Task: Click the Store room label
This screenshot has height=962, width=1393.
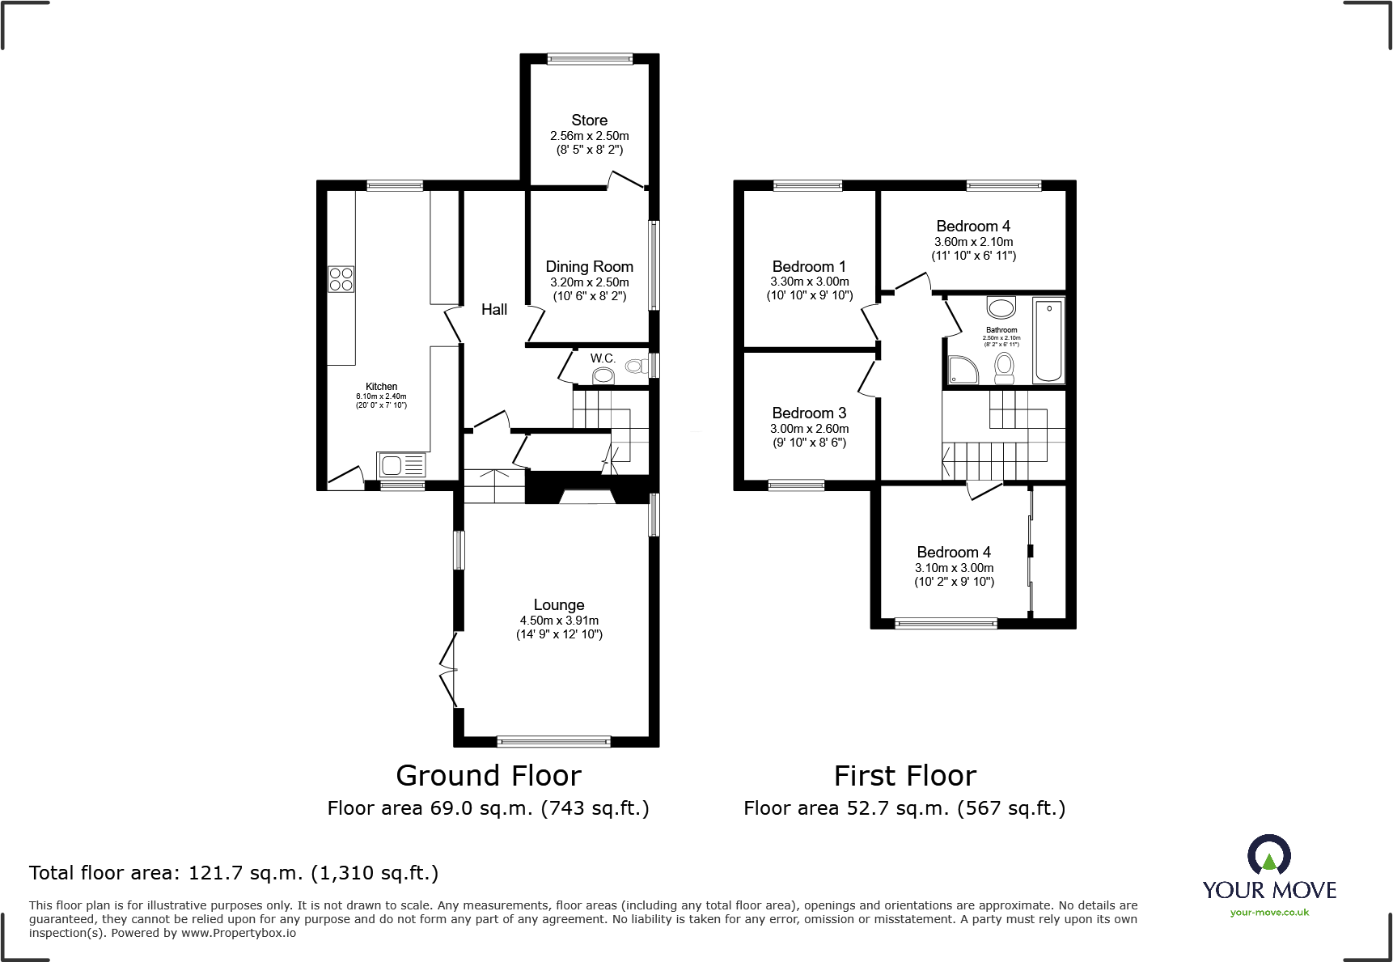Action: coord(589,121)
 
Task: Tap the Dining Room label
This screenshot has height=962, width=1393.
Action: coord(589,267)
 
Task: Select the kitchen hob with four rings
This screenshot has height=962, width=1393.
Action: coord(341,279)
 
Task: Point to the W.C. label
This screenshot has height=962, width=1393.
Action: coord(603,358)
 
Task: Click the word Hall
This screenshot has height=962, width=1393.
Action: coord(494,310)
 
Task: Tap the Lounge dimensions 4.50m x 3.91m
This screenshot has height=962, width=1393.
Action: coord(559,621)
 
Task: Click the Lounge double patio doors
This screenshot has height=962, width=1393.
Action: coord(448,670)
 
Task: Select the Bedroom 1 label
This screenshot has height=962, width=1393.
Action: coord(809,267)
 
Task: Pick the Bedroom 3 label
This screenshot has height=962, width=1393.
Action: coord(809,413)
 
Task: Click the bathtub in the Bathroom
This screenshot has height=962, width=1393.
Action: coord(1048,340)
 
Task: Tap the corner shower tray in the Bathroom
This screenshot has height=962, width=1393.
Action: coord(963,370)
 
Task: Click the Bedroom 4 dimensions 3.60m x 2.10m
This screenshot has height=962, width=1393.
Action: coord(973,242)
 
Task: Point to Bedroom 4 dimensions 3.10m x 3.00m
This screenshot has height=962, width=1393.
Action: coord(954,568)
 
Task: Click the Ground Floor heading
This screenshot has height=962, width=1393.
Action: coord(489,776)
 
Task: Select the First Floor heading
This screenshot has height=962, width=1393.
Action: coord(904,776)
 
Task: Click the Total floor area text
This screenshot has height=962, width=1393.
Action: coord(234,873)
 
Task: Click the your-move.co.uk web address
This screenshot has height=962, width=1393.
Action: coord(1269,913)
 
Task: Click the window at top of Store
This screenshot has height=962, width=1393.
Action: coord(590,58)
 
